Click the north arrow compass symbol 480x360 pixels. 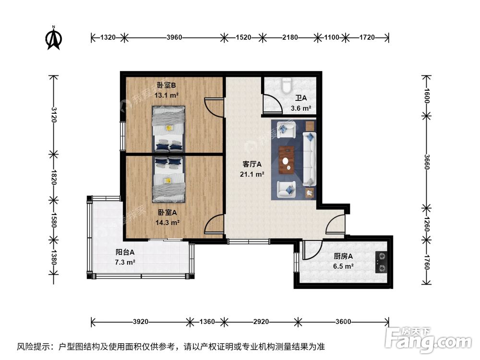[x=54, y=38]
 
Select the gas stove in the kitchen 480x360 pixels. [x=382, y=262]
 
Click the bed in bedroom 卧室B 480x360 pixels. [x=168, y=129]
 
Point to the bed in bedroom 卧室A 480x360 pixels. [x=168, y=180]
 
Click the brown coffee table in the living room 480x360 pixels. [x=287, y=160]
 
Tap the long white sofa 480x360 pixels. [x=309, y=158]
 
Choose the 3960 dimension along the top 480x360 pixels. [x=174, y=37]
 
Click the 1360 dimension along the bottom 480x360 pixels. [x=207, y=322]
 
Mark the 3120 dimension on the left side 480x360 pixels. [x=54, y=115]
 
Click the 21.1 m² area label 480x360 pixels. [x=252, y=175]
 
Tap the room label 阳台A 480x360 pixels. [x=125, y=252]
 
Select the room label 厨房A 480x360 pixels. [x=343, y=256]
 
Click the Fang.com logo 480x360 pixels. [x=428, y=339]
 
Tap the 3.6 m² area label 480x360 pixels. [x=301, y=108]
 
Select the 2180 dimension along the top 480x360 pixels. [x=290, y=37]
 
